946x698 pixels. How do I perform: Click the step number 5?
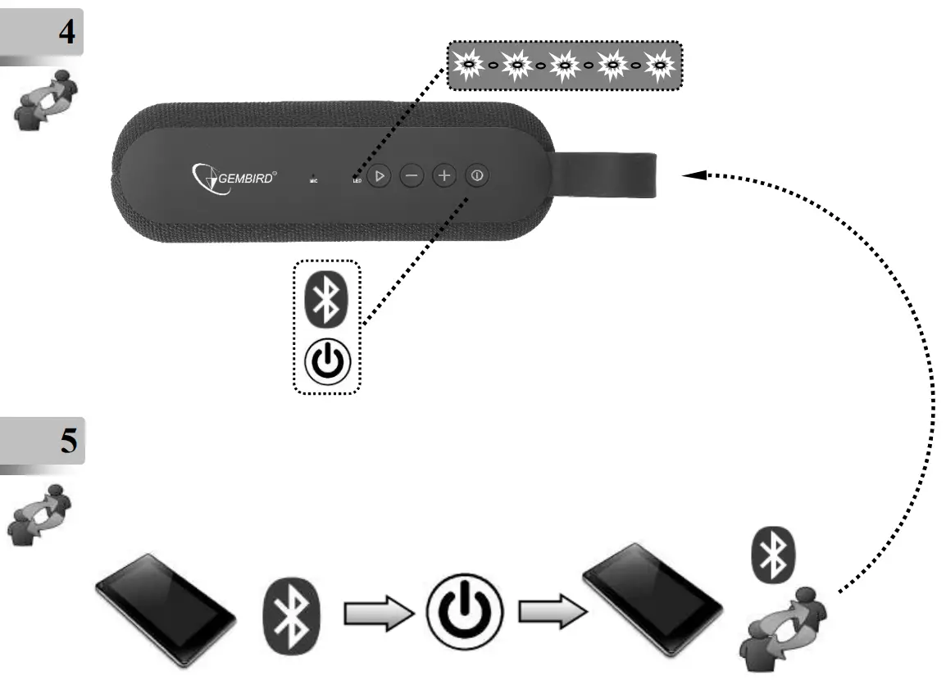click(x=68, y=442)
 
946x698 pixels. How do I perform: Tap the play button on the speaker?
click(x=378, y=175)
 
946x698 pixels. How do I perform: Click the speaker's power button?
click(x=477, y=175)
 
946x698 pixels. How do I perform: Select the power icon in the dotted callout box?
click(x=326, y=360)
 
